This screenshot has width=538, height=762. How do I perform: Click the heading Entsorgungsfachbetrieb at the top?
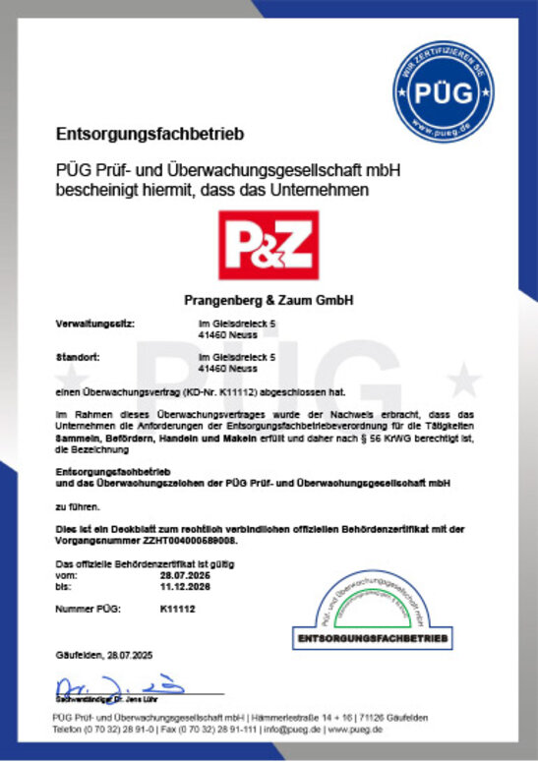150,133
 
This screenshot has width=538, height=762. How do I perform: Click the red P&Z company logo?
268,246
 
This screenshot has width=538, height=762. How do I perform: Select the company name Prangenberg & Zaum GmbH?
268,299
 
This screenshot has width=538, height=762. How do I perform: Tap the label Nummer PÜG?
88,610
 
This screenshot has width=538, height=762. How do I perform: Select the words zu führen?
74,507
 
